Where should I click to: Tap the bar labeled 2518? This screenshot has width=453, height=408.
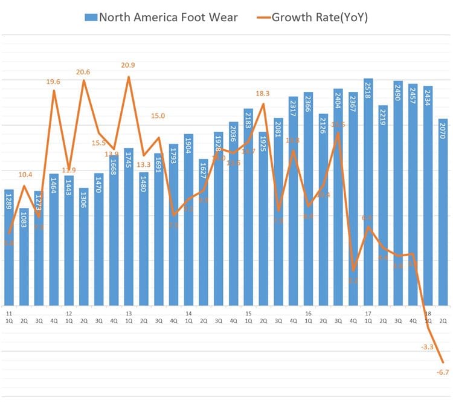368,193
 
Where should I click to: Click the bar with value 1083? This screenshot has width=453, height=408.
24,257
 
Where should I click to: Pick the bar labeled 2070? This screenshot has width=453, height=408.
443,212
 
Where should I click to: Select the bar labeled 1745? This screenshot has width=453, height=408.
129,227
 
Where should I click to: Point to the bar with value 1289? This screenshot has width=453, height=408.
9,248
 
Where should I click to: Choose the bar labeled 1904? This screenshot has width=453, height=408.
188,220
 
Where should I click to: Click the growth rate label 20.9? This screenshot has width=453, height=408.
128,65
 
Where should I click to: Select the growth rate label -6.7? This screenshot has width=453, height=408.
443,372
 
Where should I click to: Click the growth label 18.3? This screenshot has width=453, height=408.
263,94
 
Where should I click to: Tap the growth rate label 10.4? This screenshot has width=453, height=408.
25,175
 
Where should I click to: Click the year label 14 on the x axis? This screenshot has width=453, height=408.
188,314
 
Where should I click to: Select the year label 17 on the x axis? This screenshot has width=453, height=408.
368,314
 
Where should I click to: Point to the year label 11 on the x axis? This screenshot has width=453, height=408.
9,314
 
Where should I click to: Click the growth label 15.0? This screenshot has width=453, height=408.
158,116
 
